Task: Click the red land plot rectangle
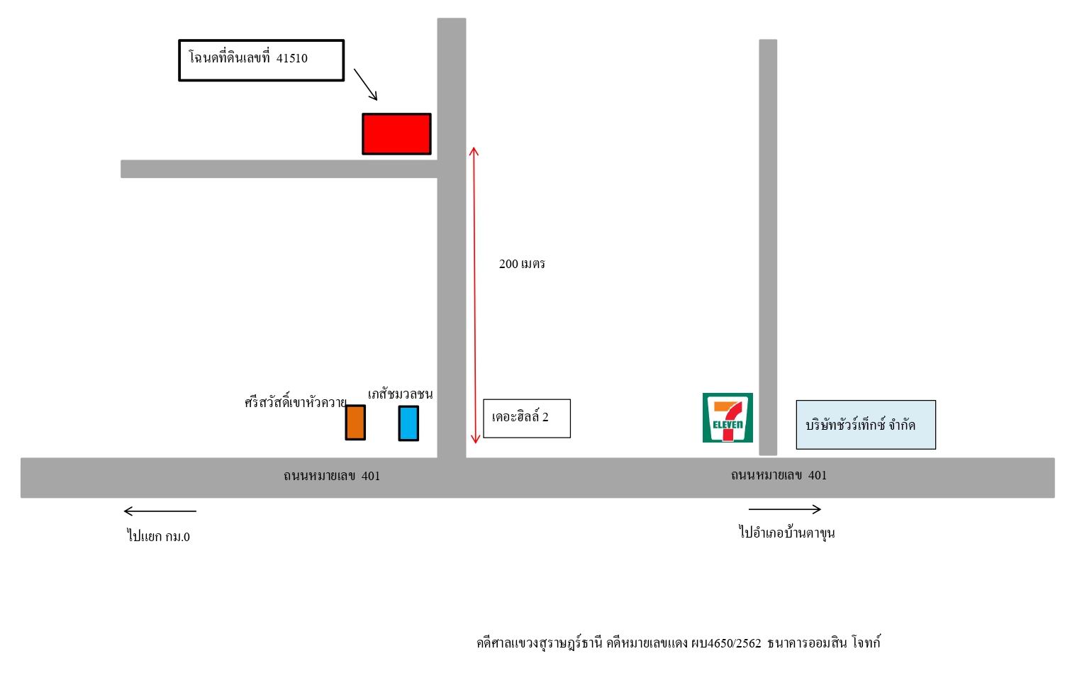coord(396,134)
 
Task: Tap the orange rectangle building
coord(355,423)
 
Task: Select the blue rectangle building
coord(408,423)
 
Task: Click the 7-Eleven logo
coord(728,418)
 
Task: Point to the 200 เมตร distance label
coord(522,264)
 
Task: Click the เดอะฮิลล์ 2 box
coord(527,418)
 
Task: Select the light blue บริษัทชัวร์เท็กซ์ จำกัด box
coord(866,425)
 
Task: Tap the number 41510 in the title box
coord(291,58)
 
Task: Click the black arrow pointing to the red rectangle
coord(365,84)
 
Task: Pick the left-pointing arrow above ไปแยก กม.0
coord(160,511)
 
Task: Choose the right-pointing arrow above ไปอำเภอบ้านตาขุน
coord(785,509)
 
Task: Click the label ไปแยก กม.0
coord(158,536)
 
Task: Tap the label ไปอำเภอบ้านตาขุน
coord(786,533)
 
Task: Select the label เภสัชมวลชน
coord(400,394)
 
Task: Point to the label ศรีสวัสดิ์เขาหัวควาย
coord(295,402)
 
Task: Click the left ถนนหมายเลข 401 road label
coord(332,476)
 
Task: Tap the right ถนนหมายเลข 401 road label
coord(779,475)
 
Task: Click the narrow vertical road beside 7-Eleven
coord(768,248)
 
